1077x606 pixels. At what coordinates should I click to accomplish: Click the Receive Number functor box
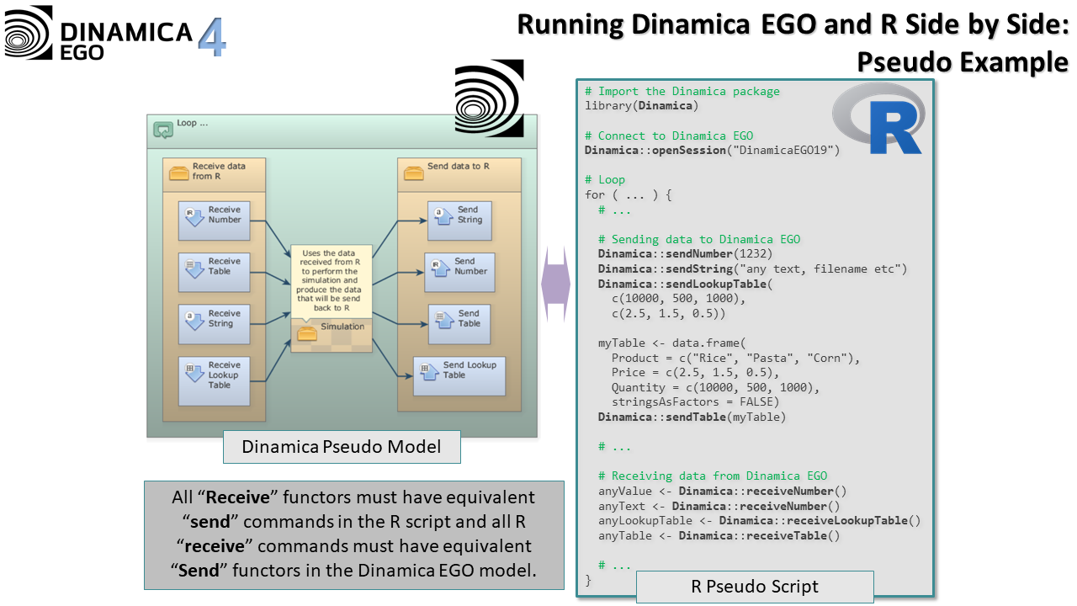coord(214,221)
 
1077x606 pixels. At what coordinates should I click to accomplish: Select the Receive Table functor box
coord(214,272)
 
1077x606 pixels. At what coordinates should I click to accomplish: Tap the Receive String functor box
coord(214,324)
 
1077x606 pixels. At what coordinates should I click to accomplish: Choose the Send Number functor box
coord(459,272)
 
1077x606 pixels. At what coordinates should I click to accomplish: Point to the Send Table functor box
coord(459,324)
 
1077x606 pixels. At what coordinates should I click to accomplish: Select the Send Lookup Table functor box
coord(459,376)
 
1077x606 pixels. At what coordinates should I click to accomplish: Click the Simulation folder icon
coord(307,332)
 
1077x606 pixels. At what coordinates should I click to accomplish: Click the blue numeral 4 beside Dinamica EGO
coord(212,38)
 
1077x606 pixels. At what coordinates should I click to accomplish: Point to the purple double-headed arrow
coord(555,284)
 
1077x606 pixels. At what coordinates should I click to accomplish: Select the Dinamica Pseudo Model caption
coord(341,447)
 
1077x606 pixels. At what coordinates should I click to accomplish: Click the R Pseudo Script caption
coord(754,587)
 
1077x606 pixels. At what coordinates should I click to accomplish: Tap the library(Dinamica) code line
coord(642,105)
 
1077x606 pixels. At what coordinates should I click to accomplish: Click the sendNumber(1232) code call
coord(686,253)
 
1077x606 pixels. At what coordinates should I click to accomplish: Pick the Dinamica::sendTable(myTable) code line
coord(692,417)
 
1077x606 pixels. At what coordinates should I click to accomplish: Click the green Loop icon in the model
coord(162,130)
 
